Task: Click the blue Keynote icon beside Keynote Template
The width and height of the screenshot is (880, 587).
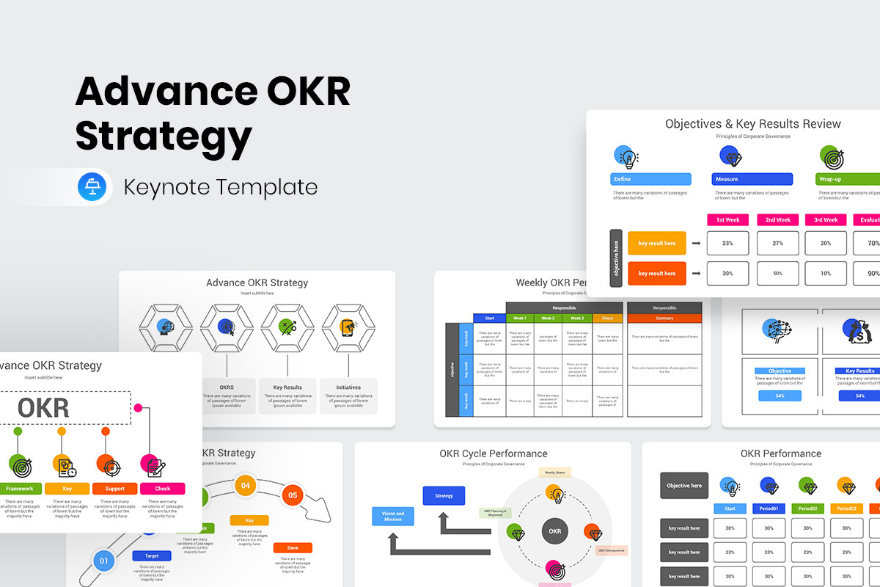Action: (x=92, y=187)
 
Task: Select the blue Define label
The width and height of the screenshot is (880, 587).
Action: (x=650, y=179)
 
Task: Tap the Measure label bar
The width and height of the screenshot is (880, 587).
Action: (x=752, y=179)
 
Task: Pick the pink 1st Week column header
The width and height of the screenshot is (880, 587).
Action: (x=727, y=219)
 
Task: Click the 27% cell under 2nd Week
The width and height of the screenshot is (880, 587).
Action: (x=777, y=243)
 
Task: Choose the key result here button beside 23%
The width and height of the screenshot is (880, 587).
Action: (x=656, y=243)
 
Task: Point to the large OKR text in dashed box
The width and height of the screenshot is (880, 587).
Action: (x=43, y=408)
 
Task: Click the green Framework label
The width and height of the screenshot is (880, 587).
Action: (x=19, y=489)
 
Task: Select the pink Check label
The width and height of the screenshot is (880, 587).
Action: (x=162, y=489)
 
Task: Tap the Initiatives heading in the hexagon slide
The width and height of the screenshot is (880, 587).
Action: (x=348, y=387)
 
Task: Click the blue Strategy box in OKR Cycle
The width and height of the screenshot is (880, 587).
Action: (x=444, y=496)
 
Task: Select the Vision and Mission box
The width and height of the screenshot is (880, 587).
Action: (x=393, y=517)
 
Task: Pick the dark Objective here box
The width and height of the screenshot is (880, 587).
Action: (x=684, y=486)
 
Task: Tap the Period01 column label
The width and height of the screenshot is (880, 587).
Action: (x=769, y=508)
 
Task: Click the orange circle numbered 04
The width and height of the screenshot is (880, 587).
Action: (x=246, y=486)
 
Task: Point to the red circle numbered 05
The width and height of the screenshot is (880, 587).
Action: (x=292, y=495)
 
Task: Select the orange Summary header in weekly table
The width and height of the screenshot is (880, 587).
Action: (x=664, y=318)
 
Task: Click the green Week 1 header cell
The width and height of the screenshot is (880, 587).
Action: (x=520, y=318)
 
